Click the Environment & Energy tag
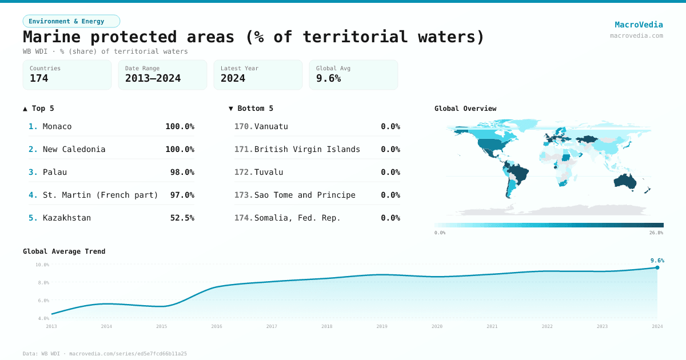pos(71,21)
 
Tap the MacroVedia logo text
pos(639,25)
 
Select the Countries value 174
pos(39,78)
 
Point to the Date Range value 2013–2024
pos(153,78)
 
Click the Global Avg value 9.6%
pos(328,78)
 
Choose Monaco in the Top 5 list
pos(57,126)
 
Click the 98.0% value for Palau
pos(182,172)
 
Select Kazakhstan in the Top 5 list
pos(66,218)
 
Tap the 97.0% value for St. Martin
pos(182,195)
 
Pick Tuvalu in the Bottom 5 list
pos(269,172)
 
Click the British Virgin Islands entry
pos(307,149)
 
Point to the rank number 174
pos(243,218)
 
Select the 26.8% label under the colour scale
pos(656,233)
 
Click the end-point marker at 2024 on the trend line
pos(657,267)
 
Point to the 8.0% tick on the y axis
pos(42,282)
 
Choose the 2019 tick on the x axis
pos(382,326)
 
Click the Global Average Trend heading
pos(64,251)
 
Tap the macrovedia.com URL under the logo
pos(636,35)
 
